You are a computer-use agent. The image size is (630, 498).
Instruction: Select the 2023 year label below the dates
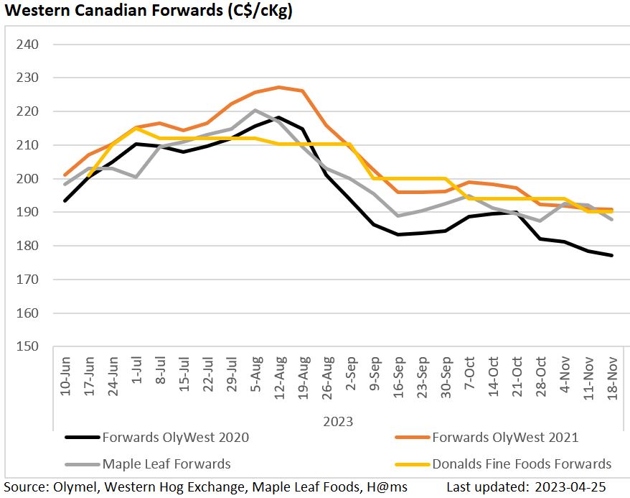click(x=338, y=421)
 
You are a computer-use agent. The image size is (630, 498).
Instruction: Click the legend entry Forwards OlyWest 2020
click(x=176, y=437)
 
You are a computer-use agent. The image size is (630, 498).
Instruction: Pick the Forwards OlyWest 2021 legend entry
click(x=505, y=437)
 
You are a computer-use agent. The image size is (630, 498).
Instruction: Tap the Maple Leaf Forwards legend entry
click(x=166, y=464)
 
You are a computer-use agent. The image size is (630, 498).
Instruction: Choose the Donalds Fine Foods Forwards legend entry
click(x=522, y=464)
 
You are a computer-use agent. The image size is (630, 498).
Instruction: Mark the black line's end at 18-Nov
click(x=611, y=255)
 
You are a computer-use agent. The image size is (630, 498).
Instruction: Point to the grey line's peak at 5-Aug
click(x=255, y=110)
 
